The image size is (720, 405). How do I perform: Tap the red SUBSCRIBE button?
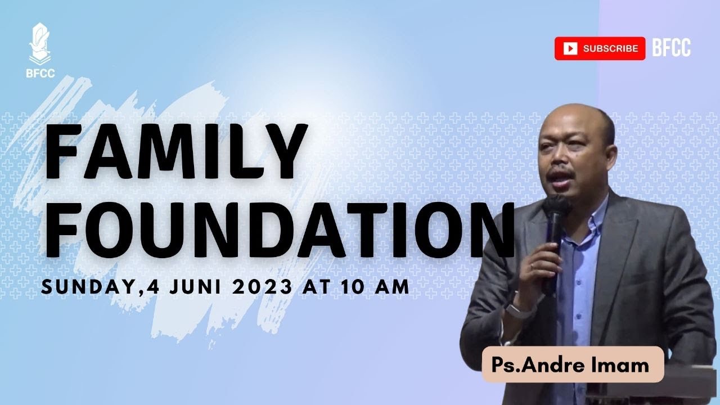[600, 48]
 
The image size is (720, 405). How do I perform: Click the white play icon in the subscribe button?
[570, 49]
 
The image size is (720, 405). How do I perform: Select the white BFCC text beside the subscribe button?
[672, 48]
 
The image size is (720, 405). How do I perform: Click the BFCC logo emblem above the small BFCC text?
[39, 42]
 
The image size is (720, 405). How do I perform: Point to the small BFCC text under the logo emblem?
[40, 73]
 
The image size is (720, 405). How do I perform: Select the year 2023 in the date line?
[263, 287]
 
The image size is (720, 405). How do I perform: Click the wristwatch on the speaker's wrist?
[514, 307]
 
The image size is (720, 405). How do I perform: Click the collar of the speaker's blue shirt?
[593, 214]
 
